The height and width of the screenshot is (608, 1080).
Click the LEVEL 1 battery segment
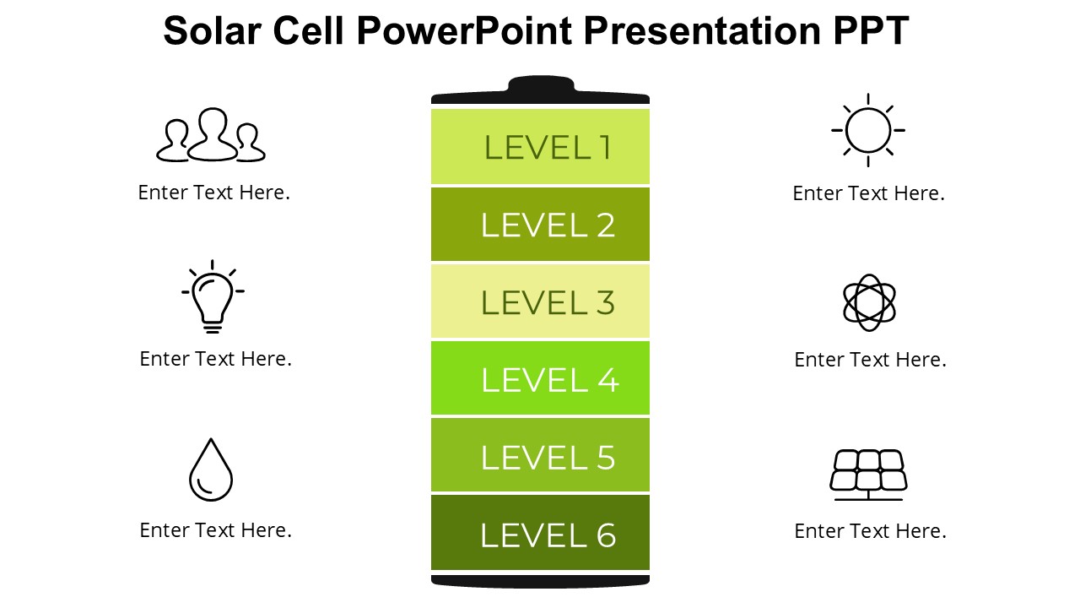coord(540,147)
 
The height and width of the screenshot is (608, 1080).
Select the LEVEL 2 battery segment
coord(540,225)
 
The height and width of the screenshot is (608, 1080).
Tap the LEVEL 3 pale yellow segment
coord(540,302)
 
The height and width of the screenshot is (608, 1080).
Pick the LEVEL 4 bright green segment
coord(540,379)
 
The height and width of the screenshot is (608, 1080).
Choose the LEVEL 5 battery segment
coord(540,456)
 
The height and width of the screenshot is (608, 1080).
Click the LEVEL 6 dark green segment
coord(540,534)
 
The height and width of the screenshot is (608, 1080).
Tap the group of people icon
coord(211,135)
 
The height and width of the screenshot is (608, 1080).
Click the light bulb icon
coord(213,296)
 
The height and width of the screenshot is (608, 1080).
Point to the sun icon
coord(868,131)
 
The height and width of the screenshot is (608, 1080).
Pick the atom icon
coord(869,302)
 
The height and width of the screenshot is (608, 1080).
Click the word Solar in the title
coord(212,31)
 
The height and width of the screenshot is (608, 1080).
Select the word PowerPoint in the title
coord(464,31)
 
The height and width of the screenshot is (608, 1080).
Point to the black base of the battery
coord(540,581)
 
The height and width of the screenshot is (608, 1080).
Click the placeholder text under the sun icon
coord(868,193)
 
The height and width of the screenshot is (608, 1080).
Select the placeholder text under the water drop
coord(215,530)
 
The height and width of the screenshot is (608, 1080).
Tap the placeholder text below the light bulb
coord(215,359)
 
